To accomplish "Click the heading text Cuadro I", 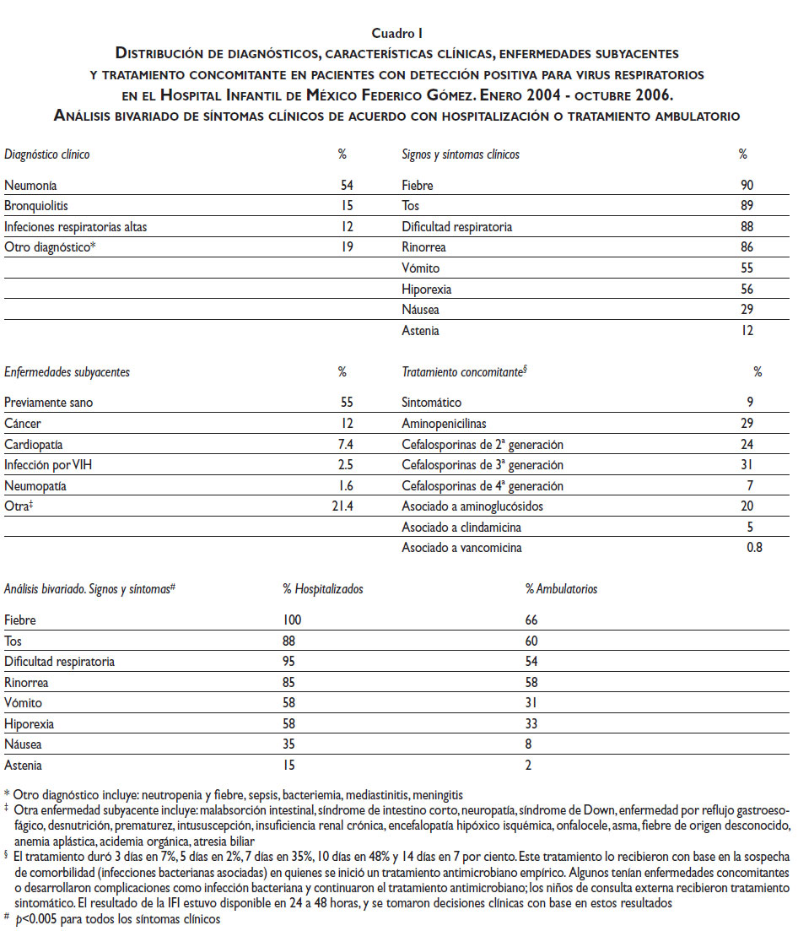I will [x=397, y=33].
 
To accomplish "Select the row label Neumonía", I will [x=31, y=186].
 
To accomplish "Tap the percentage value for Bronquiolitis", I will [x=347, y=206].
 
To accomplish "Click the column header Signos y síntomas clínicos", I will [x=461, y=154].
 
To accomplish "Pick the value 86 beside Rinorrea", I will [x=747, y=248].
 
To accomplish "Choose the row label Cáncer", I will [x=22, y=424].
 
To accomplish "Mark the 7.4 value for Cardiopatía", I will [x=345, y=444].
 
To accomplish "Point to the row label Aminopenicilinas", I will [x=444, y=424].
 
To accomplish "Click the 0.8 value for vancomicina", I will [x=753, y=548].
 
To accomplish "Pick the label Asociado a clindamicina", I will [x=461, y=528].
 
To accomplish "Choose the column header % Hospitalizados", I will [x=323, y=589].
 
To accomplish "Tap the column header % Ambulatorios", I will [x=561, y=589].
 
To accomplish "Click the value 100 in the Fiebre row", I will [x=293, y=620].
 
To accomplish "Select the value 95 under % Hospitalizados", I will [x=289, y=662].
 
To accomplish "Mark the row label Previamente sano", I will [x=48, y=403].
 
